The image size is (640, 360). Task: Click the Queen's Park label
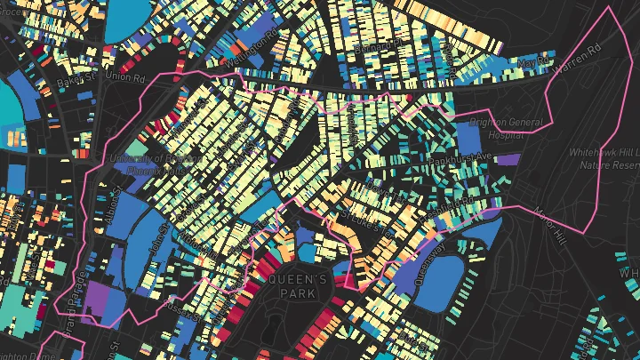[x=299, y=286]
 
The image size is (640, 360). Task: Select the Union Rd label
[x=124, y=76]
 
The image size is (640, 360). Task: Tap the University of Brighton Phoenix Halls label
[x=146, y=164]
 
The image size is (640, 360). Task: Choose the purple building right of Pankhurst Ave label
[x=508, y=160]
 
